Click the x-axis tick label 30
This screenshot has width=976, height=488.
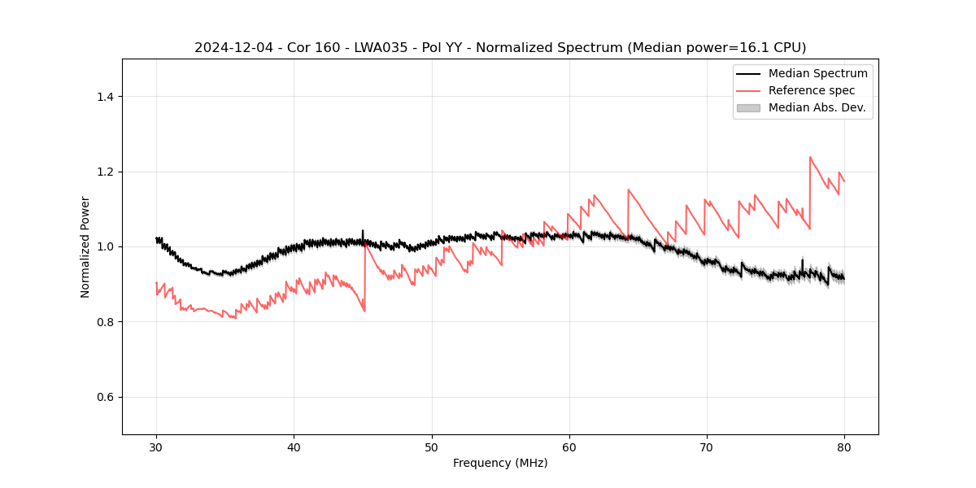point(156,447)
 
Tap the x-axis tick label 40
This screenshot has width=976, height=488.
point(294,447)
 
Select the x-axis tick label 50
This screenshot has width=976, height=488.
point(432,447)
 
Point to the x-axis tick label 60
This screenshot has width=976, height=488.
point(569,447)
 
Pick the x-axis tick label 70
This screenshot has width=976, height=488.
point(707,447)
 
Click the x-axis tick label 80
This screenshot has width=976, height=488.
point(844,447)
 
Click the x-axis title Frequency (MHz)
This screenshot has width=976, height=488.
point(500,463)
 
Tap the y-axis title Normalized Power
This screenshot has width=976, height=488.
point(85,246)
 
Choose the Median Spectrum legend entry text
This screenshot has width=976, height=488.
point(817,73)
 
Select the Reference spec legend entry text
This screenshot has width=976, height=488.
point(812,90)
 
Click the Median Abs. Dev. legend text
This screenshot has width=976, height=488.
point(817,107)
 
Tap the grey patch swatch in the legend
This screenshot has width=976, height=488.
point(748,107)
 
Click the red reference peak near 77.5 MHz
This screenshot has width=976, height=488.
point(810,157)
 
